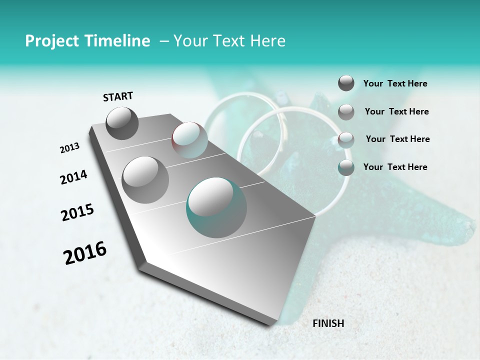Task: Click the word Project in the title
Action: pos(47,41)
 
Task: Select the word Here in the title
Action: pos(267,41)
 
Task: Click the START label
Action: pos(118,96)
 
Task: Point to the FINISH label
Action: pos(328,323)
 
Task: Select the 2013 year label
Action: pos(70,148)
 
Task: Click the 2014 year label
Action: pos(73,177)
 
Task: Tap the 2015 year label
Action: pos(77,212)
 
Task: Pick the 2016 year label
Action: pos(85,253)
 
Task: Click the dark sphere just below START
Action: pos(122,123)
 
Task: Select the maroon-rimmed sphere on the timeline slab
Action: pos(189,140)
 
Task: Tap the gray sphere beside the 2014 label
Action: pos(145,180)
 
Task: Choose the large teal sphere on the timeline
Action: pos(216,207)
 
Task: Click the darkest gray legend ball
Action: pos(346,83)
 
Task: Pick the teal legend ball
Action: pos(346,167)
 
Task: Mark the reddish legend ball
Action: pos(346,140)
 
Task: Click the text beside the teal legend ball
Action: pos(395,167)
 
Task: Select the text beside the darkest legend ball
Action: pos(395,83)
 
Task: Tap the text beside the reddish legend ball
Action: pos(397,139)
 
